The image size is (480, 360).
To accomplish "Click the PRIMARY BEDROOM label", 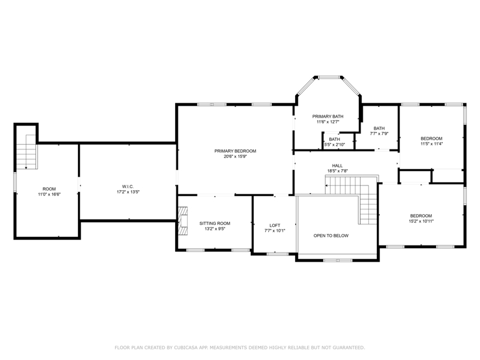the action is pos(235,151).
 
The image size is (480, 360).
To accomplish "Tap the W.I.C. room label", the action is pos(128,187).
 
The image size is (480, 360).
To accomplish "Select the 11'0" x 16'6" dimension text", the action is pos(49,194).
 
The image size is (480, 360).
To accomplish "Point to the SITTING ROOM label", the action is pos(215,223).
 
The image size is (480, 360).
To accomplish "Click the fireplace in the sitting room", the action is pos(183,221).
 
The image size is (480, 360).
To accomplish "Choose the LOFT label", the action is pos(275,226).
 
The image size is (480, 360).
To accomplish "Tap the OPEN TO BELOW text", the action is pos(331,236).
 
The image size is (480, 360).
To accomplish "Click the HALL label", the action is pos(337,166).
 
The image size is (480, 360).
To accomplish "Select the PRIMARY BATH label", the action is pos(328,116).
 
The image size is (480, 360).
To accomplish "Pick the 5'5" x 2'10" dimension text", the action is pos(335,145).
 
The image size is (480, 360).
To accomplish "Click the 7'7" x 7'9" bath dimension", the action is pos(379,133).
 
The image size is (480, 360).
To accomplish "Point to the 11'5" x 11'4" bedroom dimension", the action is pos(431,143).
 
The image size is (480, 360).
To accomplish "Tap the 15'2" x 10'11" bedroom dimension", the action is pos(421,221).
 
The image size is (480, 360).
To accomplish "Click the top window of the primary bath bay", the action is pos(329,77).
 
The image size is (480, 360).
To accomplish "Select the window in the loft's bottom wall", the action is pos(278,253).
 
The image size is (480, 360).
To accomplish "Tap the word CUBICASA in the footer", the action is pos(186,347).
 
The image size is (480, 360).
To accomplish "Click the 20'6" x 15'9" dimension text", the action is pos(235,157).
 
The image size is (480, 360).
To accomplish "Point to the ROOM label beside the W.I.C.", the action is pos(49,189).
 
